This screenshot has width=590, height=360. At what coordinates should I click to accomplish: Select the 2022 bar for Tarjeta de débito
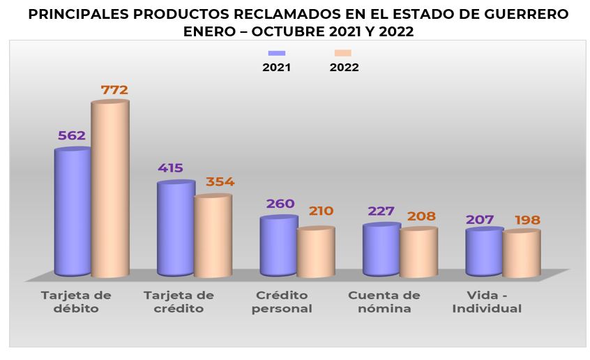(110, 188)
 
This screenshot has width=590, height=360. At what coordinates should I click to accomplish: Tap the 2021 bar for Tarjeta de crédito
(175, 229)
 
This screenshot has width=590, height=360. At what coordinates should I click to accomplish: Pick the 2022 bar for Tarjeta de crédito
(213, 235)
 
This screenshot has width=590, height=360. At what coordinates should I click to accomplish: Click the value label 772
(114, 90)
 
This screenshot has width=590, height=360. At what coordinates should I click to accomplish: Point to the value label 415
(170, 168)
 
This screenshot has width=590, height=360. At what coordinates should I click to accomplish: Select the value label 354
(220, 182)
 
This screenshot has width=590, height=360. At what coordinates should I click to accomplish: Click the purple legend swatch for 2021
(278, 54)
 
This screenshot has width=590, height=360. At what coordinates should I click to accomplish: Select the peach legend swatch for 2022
(343, 54)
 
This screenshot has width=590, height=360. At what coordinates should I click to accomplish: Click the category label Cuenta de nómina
(384, 301)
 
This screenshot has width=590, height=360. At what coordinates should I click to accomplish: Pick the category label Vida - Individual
(487, 301)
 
